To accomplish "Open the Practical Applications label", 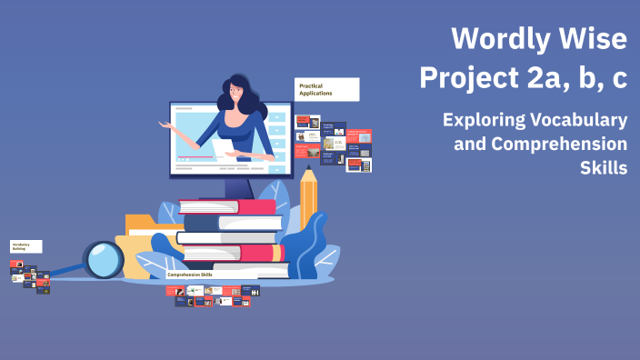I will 326,89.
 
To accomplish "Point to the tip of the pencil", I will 308,172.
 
